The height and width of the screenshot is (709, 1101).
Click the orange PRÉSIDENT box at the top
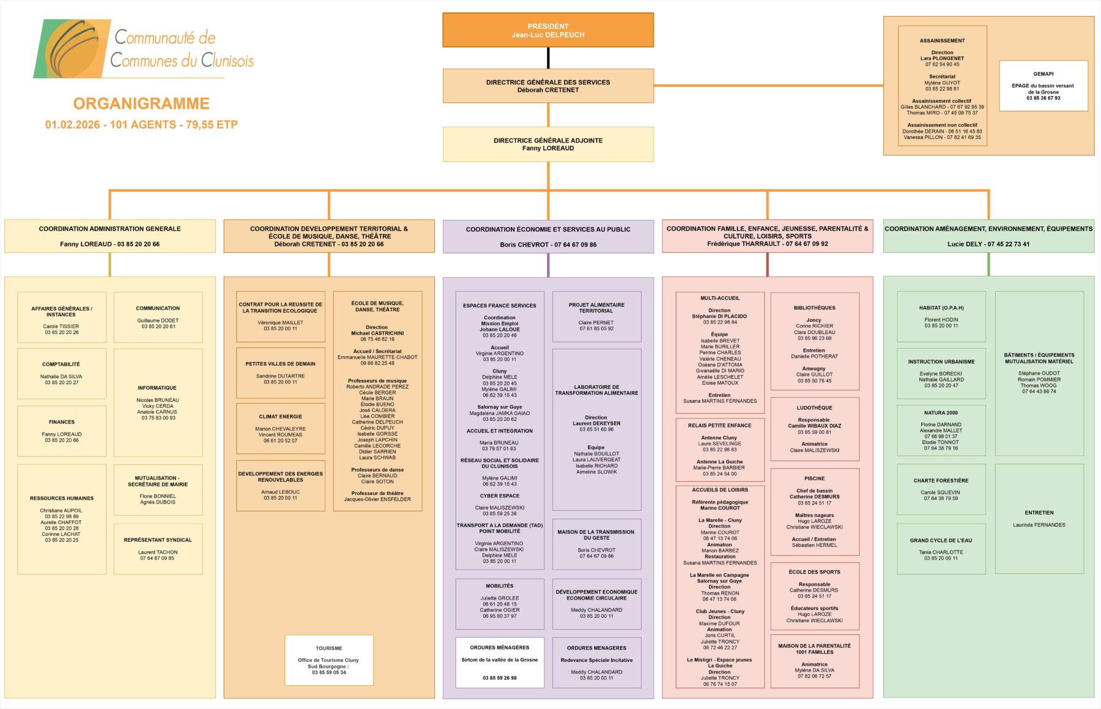point(548,30)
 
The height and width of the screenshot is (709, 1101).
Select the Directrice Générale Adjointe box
point(548,144)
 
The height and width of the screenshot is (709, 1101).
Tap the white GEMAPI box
point(1044,86)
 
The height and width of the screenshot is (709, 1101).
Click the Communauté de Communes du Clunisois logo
point(144,49)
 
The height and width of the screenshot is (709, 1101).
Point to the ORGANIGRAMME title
point(141,103)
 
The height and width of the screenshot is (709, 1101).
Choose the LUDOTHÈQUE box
point(815,429)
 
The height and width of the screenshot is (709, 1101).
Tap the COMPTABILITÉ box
point(62,373)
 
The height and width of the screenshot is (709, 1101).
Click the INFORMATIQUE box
point(158,403)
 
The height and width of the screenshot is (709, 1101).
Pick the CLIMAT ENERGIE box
point(281,428)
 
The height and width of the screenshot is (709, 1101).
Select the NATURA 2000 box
point(941,430)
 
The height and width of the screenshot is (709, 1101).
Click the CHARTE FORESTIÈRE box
point(941,489)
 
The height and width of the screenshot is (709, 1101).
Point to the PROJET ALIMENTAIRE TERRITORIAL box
point(596,316)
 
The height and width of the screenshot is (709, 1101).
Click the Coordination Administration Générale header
point(110,236)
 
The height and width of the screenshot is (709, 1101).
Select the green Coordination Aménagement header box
point(988,236)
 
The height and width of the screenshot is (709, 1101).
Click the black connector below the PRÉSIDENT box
point(548,58)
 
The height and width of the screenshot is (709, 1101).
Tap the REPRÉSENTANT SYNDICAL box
point(158,549)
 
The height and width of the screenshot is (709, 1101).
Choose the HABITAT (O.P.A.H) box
point(941,316)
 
